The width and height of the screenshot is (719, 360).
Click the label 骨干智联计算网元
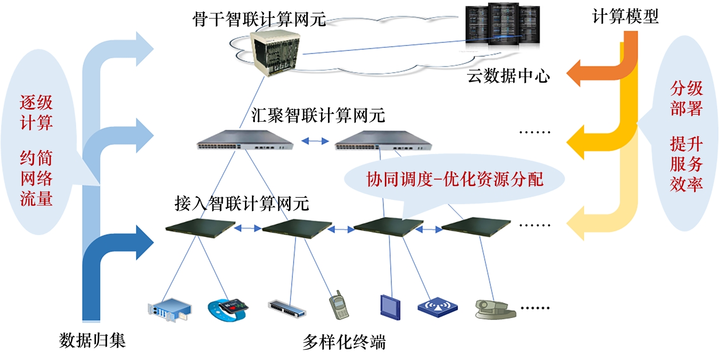point(259,20)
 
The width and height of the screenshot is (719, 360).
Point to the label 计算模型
point(626,17)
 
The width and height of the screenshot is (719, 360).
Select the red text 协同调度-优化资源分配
point(455,179)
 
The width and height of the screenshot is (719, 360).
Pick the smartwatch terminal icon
point(229,307)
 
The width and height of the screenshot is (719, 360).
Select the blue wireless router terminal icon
point(437,307)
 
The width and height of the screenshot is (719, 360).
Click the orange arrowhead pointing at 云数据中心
point(578,78)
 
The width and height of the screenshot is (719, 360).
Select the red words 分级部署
point(687,99)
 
